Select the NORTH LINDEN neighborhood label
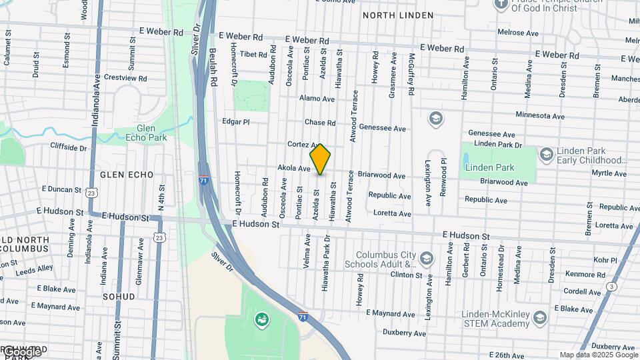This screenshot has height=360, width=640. pyautogui.click(x=398, y=15)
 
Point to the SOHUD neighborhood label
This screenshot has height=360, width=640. pyautogui.click(x=119, y=296)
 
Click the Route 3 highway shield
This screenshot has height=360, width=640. pyautogui.click(x=611, y=287)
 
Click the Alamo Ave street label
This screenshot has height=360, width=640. pyautogui.click(x=317, y=99)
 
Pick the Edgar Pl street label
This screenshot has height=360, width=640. pyautogui.click(x=235, y=122)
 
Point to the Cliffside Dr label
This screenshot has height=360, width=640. pyautogui.click(x=69, y=147)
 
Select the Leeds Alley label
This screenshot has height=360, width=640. pyautogui.click(x=35, y=269)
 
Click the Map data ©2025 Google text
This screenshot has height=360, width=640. pyautogui.click(x=599, y=355)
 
